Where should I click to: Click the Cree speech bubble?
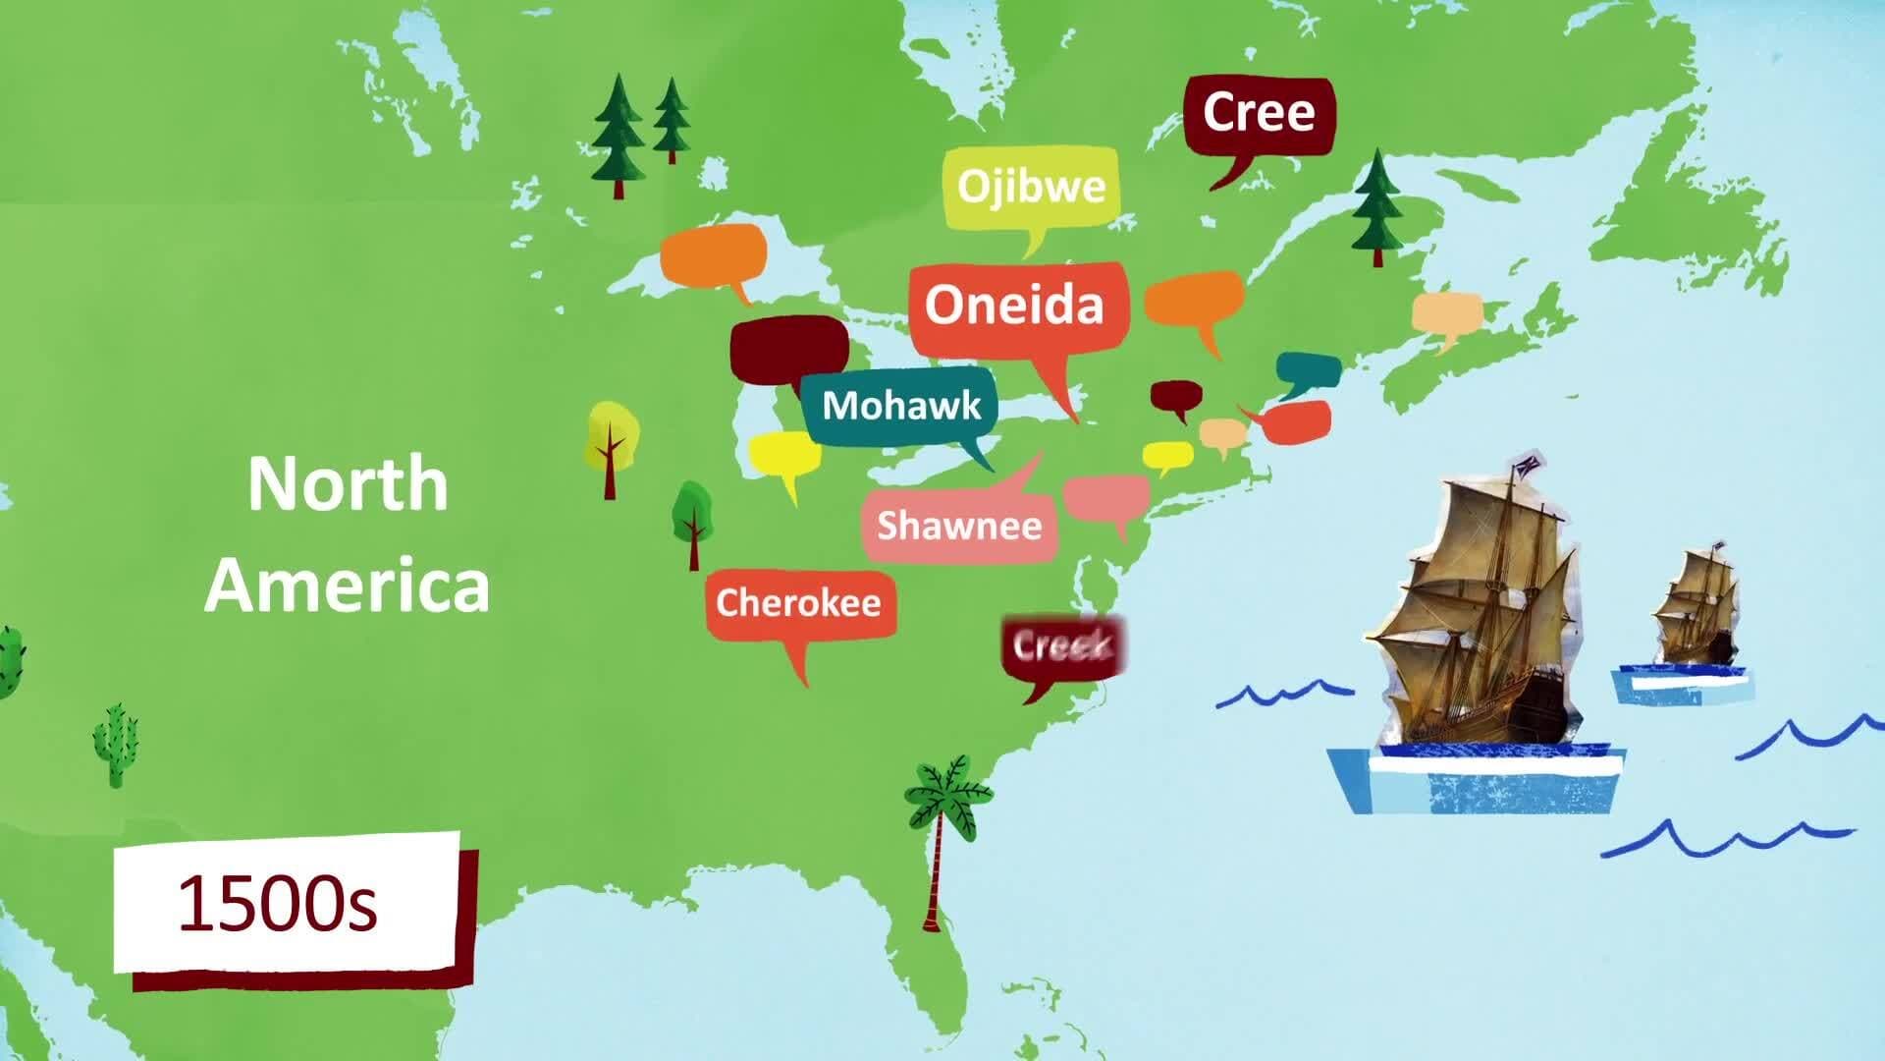1258,114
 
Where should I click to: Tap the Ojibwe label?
1031,187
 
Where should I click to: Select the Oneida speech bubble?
1015,306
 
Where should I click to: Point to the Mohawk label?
900,406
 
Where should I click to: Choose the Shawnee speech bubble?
959,526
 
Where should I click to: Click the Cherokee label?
798,602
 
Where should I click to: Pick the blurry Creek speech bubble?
1062,647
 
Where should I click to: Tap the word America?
347,586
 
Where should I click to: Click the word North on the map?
348,483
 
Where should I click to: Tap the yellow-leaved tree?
611,442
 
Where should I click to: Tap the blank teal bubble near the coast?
1308,372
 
